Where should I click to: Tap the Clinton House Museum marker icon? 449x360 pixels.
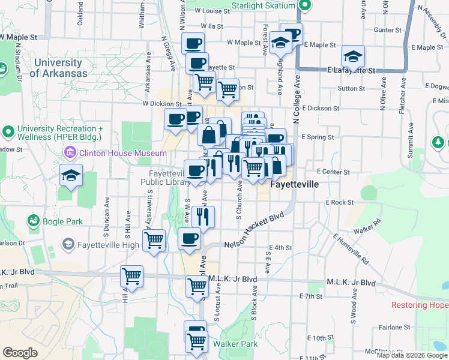click(x=70, y=153)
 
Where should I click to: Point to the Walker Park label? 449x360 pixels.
click(x=235, y=344)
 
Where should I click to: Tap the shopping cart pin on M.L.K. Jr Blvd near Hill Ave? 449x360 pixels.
click(x=131, y=277)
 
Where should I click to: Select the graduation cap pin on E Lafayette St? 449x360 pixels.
click(x=353, y=57)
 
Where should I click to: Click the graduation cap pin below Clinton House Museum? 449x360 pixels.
click(x=71, y=176)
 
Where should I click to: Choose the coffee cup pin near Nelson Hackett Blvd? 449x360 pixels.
click(x=189, y=239)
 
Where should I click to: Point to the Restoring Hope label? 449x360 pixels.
click(x=420, y=305)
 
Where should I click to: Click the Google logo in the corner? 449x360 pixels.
click(x=19, y=353)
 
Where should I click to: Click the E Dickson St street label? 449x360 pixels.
click(x=321, y=109)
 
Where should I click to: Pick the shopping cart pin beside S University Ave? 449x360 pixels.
click(x=154, y=241)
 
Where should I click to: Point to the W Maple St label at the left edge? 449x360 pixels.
click(x=19, y=37)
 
